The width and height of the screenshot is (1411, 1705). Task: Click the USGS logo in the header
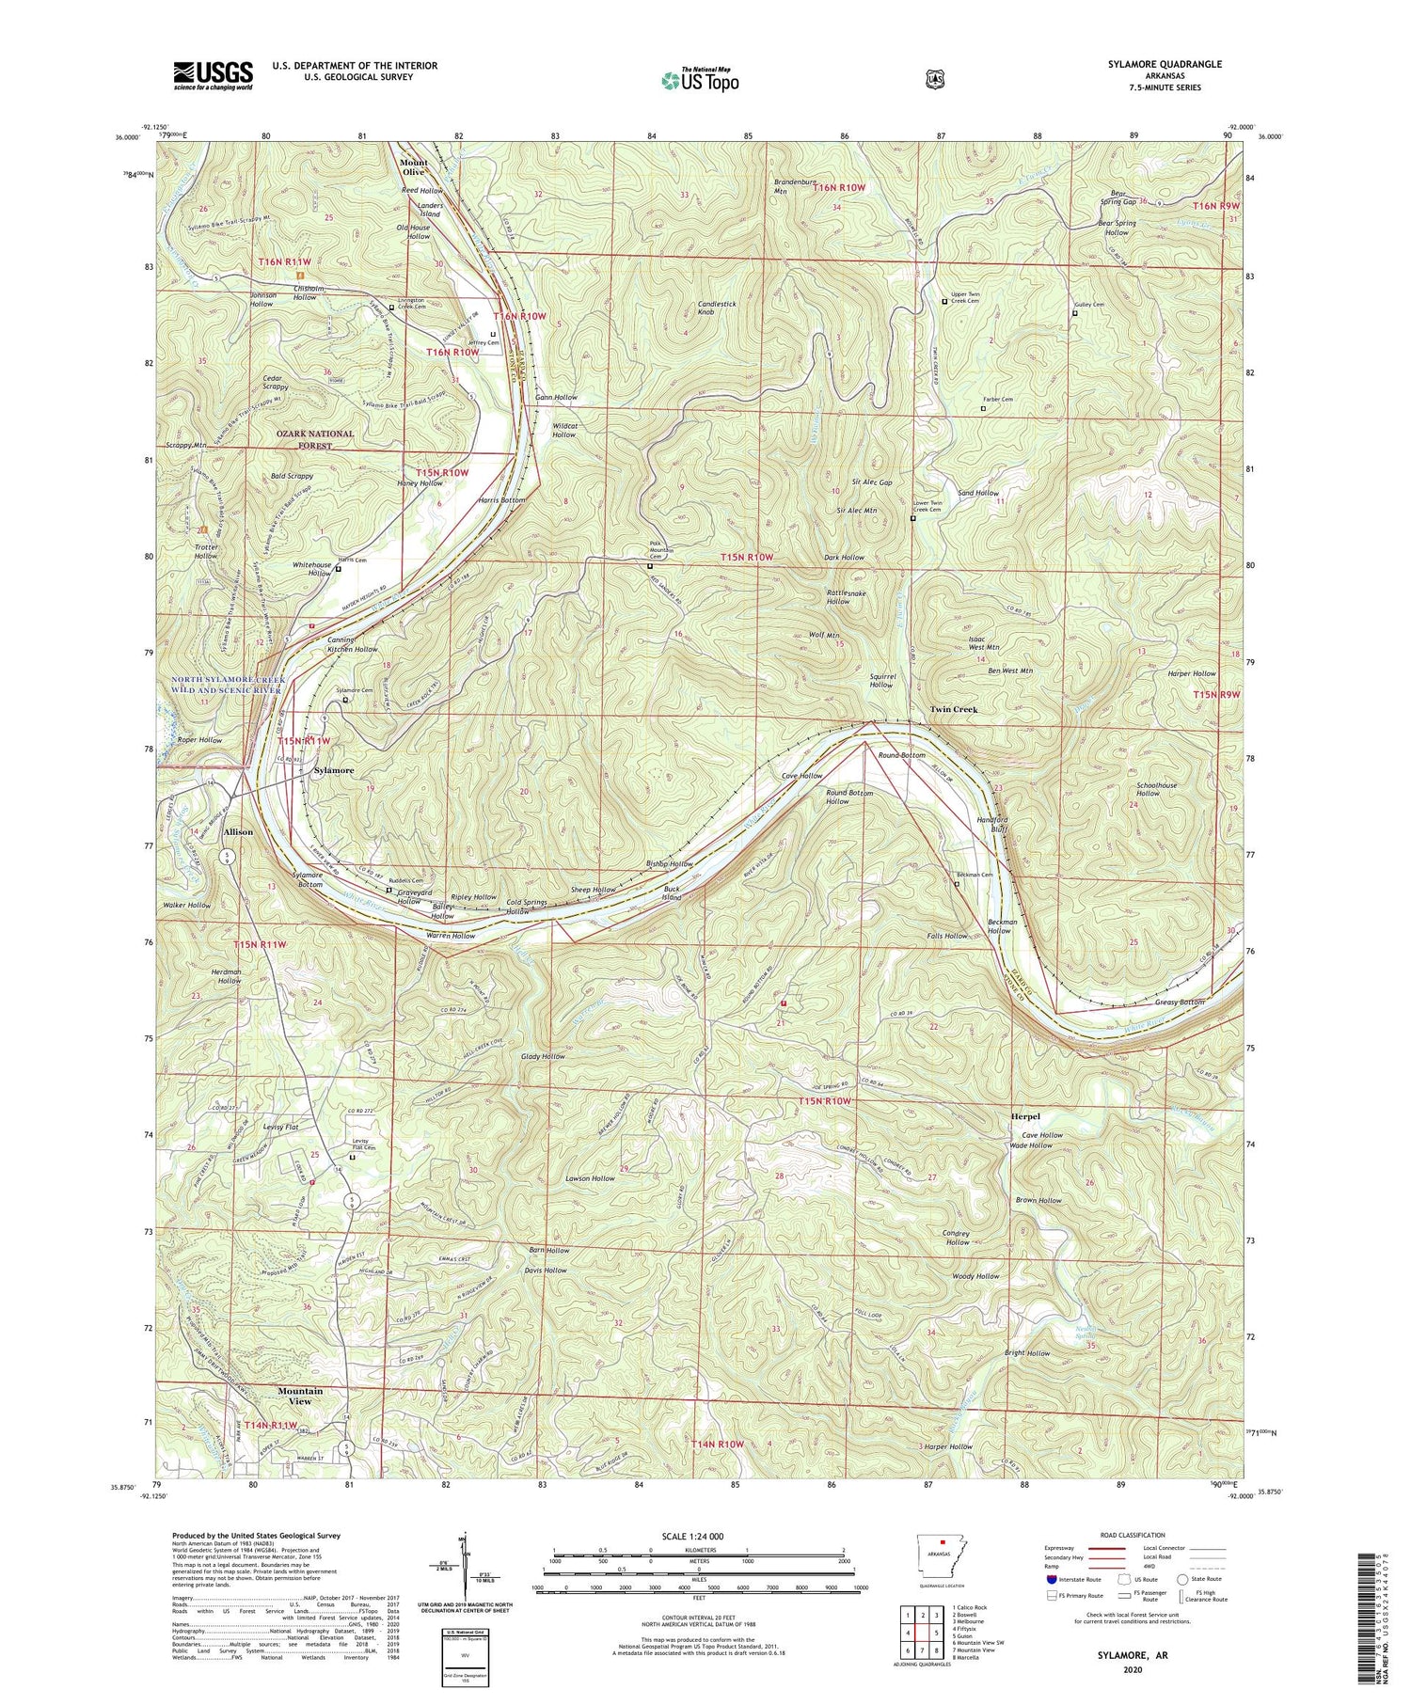click(x=213, y=75)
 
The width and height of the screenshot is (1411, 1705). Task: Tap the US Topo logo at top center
click(x=700, y=80)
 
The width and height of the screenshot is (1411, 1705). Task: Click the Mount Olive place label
click(x=414, y=167)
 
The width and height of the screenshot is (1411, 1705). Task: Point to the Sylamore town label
click(x=333, y=770)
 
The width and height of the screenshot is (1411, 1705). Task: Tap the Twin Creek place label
click(x=954, y=709)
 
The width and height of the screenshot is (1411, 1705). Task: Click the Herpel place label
click(x=1025, y=1116)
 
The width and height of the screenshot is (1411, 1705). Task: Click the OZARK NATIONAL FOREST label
click(x=315, y=439)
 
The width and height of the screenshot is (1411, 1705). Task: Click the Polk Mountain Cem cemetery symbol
click(x=650, y=567)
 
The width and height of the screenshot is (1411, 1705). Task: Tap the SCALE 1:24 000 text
click(x=698, y=1537)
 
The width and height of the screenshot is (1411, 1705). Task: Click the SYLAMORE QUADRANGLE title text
click(x=1165, y=64)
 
